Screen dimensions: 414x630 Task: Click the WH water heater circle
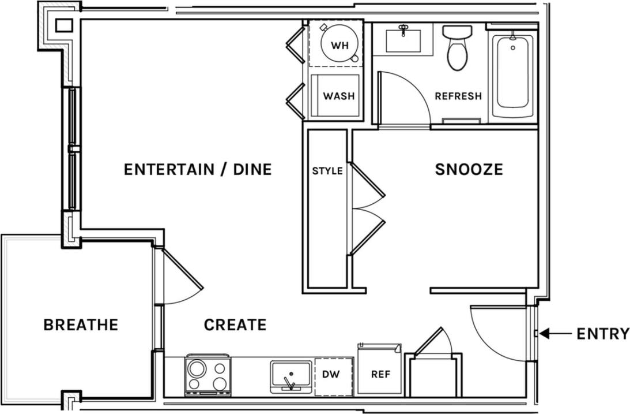click(339, 45)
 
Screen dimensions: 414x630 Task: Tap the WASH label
click(338, 96)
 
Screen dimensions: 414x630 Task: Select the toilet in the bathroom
click(457, 49)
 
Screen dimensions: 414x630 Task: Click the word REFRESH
click(458, 96)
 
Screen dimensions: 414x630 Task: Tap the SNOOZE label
click(469, 169)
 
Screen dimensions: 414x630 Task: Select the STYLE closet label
click(327, 171)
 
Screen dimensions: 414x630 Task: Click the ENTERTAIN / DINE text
click(198, 169)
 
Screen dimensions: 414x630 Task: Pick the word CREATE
click(235, 325)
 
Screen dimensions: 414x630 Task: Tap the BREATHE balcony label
click(81, 325)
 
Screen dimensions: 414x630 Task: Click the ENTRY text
click(602, 334)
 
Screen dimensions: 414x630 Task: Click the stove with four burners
click(207, 375)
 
